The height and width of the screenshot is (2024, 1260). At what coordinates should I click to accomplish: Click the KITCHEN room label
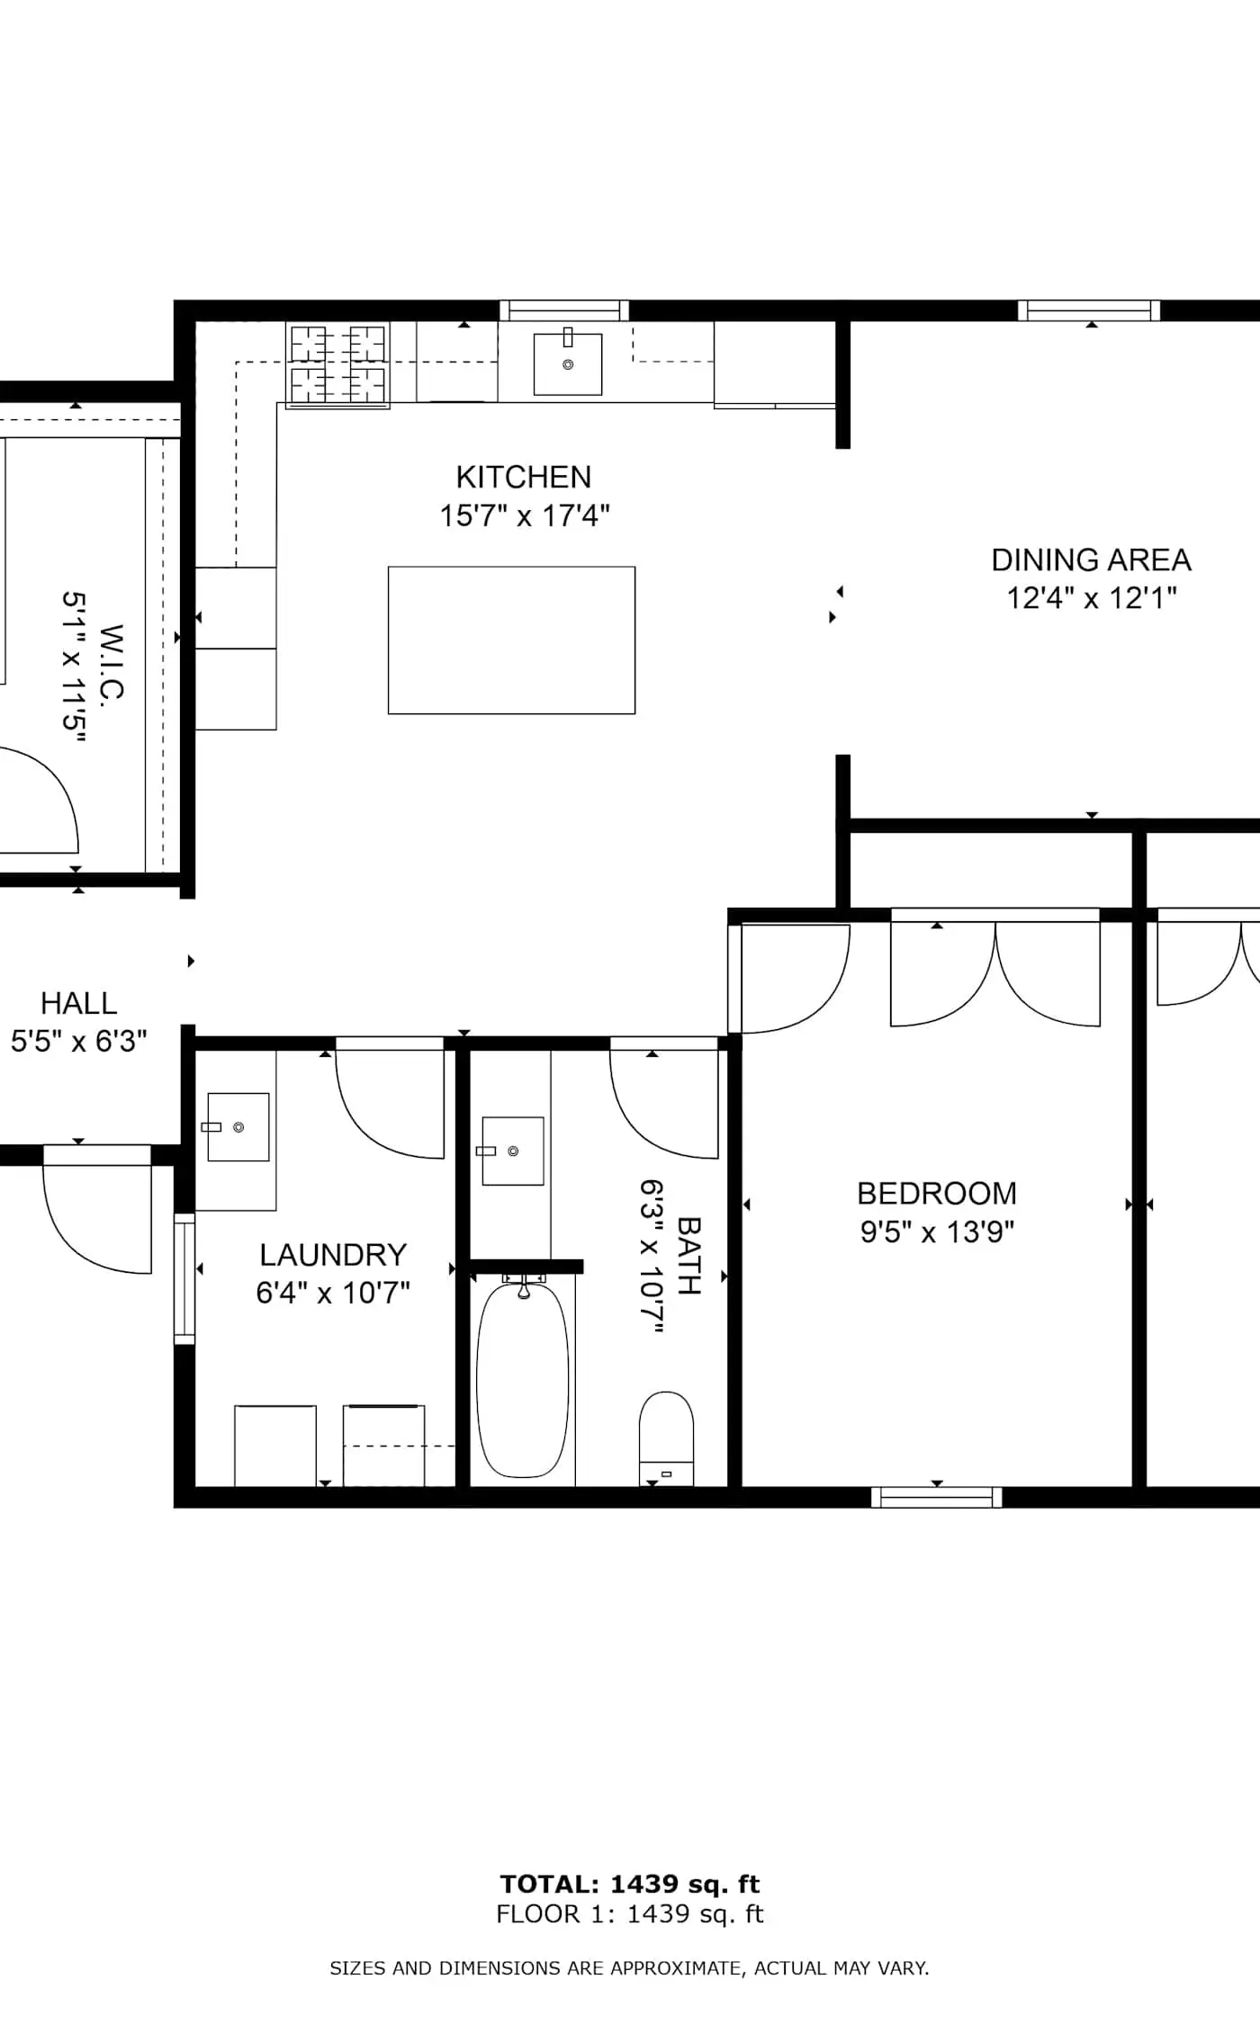coord(523,477)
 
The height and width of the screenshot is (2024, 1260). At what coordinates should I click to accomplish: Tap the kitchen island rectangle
coord(511,640)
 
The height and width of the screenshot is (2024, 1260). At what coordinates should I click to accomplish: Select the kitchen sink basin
coord(568,363)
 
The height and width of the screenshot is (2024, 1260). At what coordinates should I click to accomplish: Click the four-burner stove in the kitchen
coord(338,363)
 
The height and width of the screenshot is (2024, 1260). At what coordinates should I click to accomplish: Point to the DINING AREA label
coord(1091,560)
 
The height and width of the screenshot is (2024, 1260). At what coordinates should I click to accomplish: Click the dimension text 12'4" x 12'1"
coord(1091,598)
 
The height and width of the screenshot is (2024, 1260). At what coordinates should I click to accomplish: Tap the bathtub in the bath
coord(522,1381)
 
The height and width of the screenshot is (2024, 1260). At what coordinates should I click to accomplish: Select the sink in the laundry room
coord(238,1127)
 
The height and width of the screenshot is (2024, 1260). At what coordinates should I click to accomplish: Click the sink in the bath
coord(513,1151)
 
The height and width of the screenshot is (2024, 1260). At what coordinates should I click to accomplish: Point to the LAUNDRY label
coord(333,1255)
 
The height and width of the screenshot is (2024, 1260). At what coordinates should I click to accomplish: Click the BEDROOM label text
coord(936,1194)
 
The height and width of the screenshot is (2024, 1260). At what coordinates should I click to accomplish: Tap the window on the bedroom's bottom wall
coord(936,1497)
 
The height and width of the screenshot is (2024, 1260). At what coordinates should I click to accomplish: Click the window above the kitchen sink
coord(564,310)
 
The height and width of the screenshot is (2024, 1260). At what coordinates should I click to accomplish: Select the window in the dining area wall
coord(1089,310)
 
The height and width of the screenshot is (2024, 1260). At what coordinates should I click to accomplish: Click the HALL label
coord(78,1004)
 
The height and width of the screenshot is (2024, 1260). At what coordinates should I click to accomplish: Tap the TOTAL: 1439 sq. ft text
coord(630,1885)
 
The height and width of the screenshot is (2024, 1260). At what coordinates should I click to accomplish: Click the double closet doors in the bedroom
coord(995,972)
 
